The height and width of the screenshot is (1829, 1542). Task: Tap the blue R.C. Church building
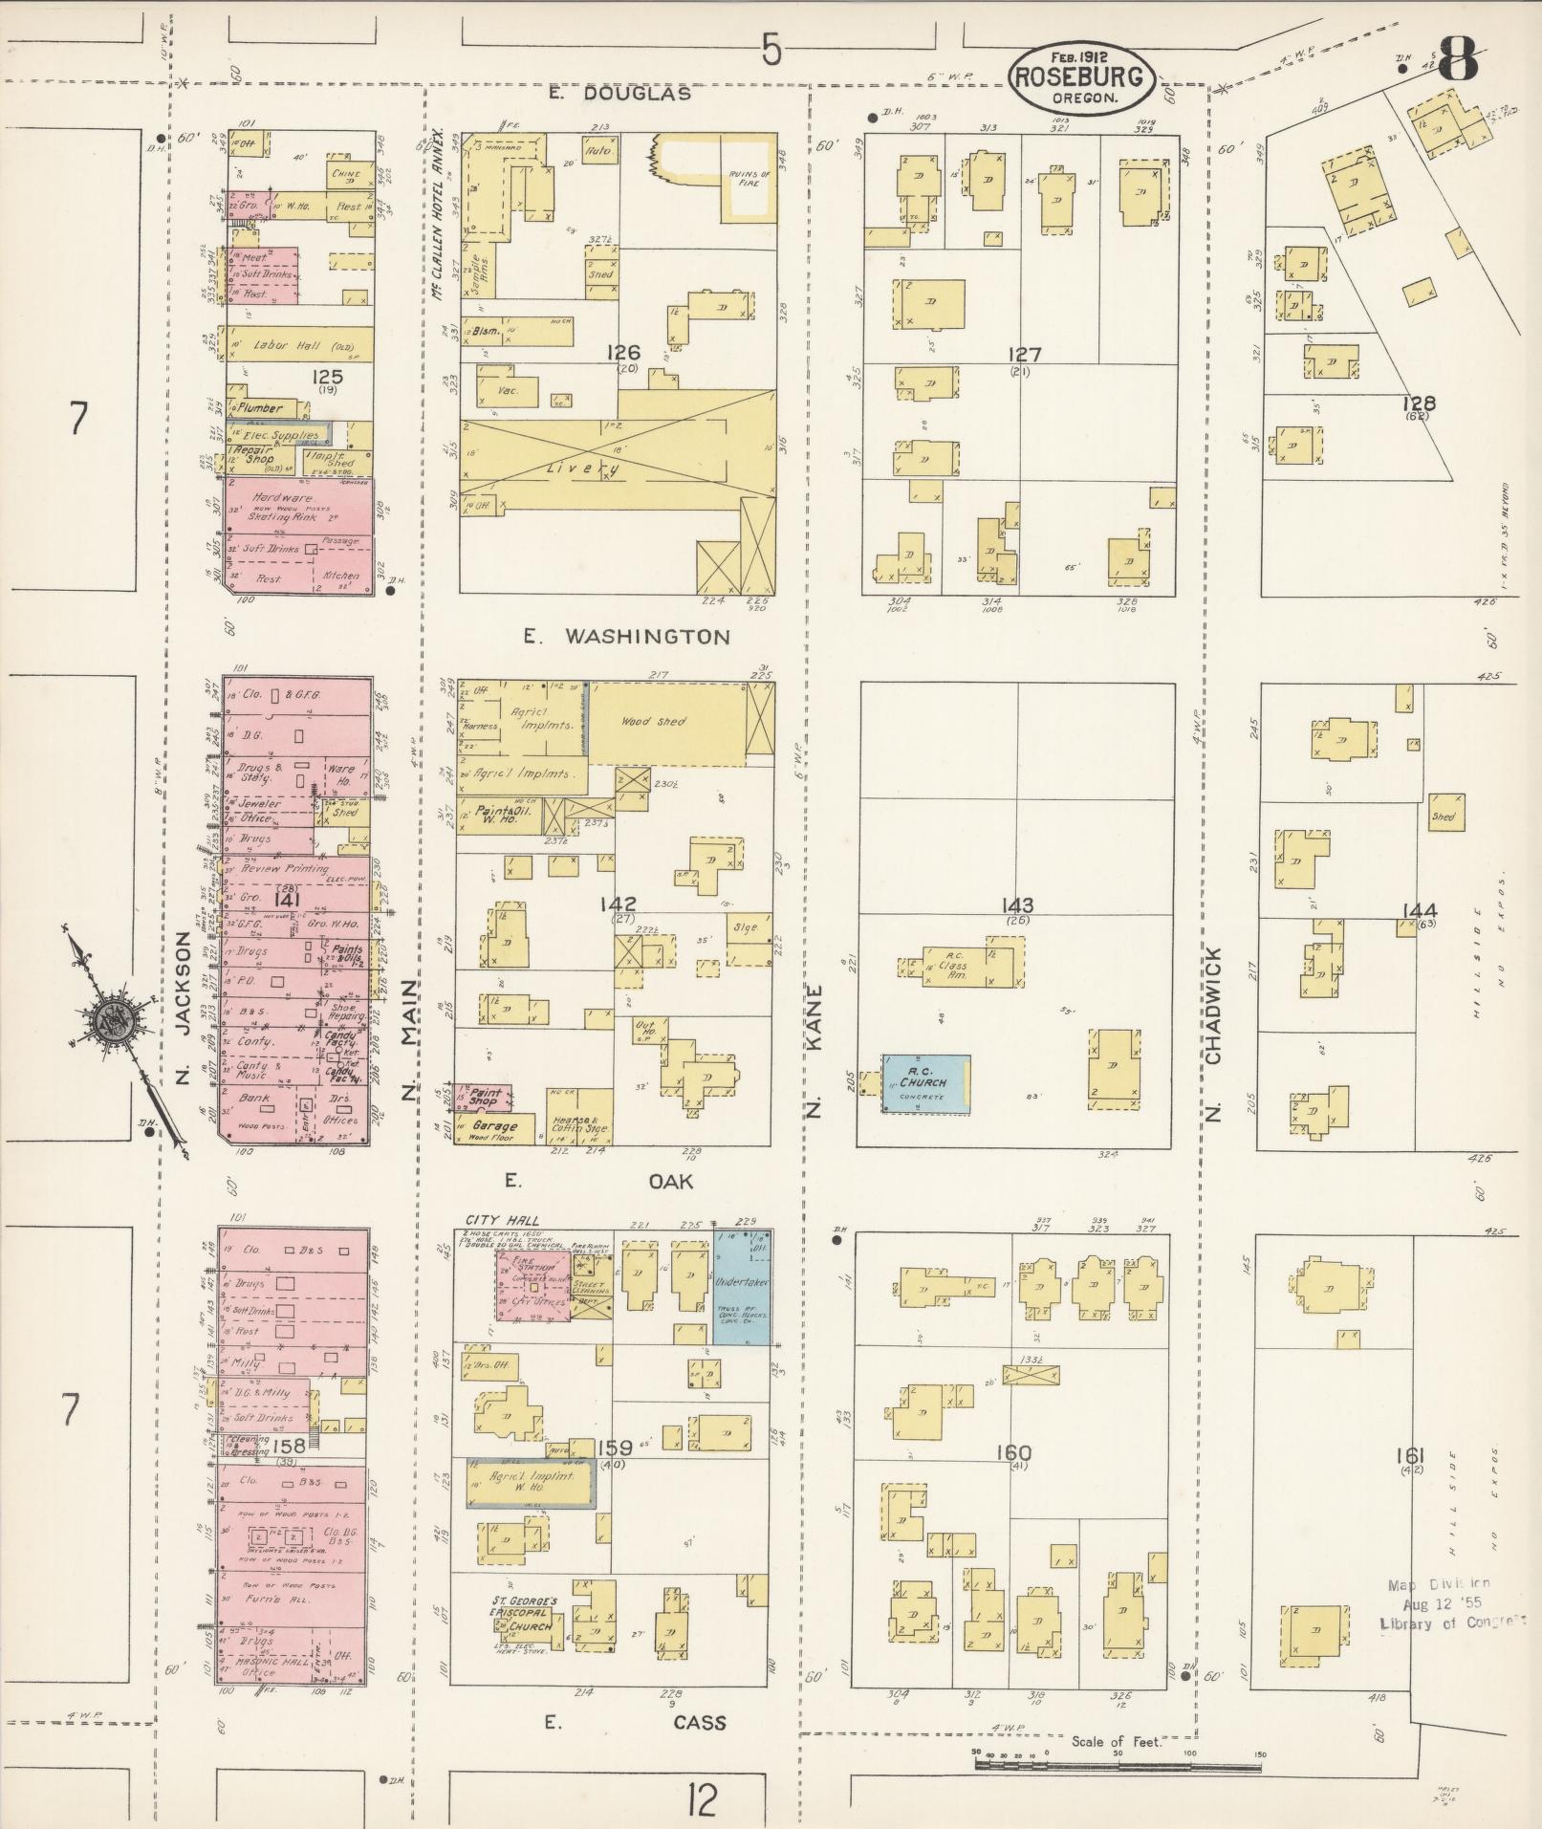[x=925, y=1083]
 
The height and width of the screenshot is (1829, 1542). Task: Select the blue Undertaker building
[x=742, y=1286]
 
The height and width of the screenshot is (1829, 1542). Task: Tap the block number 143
[x=1018, y=905]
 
